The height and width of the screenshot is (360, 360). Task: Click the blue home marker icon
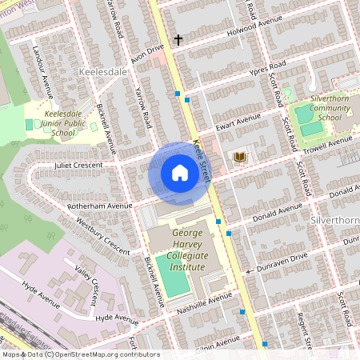pyautogui.click(x=179, y=173)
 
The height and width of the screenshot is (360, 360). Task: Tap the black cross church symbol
pyautogui.click(x=178, y=38)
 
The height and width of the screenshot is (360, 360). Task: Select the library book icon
pyautogui.click(x=239, y=157)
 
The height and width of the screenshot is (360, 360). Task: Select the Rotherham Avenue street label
pyautogui.click(x=98, y=206)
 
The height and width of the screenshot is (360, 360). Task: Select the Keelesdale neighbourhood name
pyautogui.click(x=103, y=71)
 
